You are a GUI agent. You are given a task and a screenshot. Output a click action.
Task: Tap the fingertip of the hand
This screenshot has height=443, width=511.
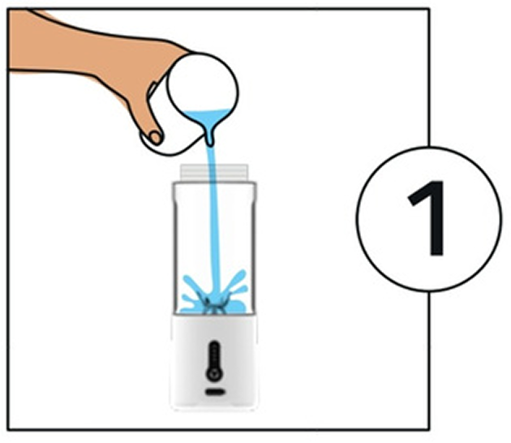(x=156, y=137)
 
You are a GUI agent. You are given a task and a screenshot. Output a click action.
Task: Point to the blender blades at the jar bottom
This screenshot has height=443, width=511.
(x=213, y=305)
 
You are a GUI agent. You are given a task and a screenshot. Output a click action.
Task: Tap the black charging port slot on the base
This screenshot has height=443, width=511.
(x=215, y=392)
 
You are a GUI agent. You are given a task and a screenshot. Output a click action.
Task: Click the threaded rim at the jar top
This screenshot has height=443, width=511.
(x=214, y=173)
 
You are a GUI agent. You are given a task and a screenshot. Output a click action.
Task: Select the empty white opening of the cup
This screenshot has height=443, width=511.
(x=203, y=84)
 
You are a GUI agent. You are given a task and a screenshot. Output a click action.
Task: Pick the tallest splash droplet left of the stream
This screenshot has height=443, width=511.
(x=190, y=283)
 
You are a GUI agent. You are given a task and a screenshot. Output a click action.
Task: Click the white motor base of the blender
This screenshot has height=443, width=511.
(x=214, y=362)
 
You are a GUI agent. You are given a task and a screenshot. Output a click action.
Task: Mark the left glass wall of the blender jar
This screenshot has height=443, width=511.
(x=175, y=247)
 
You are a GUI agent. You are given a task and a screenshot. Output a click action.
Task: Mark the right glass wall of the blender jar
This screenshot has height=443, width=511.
(x=254, y=247)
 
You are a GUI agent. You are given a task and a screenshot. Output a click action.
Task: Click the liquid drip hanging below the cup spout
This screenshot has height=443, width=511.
(x=210, y=140)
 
